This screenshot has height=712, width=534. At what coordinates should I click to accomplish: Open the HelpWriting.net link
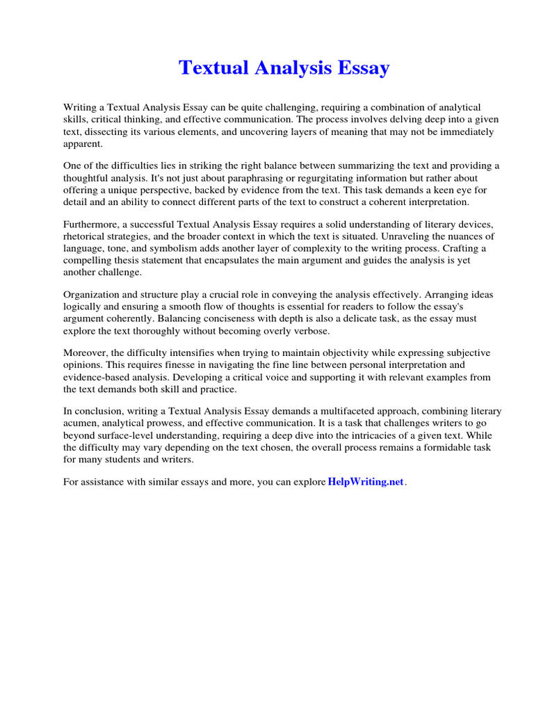click(365, 483)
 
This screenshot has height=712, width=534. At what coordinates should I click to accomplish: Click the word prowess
click(175, 423)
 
